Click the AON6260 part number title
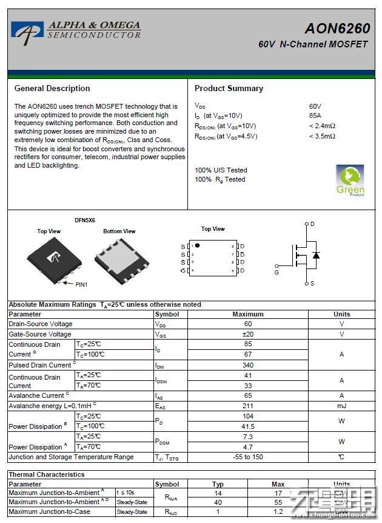point(337,29)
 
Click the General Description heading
point(52,88)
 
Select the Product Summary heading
point(229,88)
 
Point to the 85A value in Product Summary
point(315,115)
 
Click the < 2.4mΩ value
point(322,126)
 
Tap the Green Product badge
point(350,180)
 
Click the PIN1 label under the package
point(81,284)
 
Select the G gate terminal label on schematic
point(276,273)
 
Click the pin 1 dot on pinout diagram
point(197,245)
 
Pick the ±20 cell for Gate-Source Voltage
point(248,334)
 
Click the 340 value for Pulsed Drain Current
point(248,365)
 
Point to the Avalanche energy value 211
point(248,406)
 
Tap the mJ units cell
point(341,406)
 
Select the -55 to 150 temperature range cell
point(248,457)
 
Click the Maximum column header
point(248,314)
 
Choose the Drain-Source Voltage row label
point(41,324)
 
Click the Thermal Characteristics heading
point(47,474)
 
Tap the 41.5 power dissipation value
point(248,426)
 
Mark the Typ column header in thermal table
point(218,484)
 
